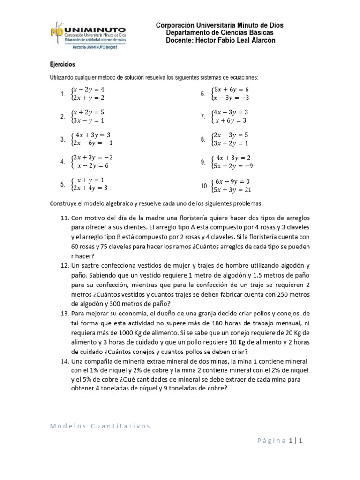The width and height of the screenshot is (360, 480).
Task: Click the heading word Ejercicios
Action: pyautogui.click(x=63, y=64)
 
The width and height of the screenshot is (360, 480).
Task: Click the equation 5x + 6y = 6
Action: pyautogui.click(x=231, y=90)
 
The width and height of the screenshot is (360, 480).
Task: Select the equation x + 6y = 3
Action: pyautogui.click(x=231, y=120)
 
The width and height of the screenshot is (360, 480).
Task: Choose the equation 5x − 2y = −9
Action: pyautogui.click(x=233, y=165)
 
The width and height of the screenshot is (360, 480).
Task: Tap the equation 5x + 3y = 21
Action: pyautogui.click(x=233, y=189)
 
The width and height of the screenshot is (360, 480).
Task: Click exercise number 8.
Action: pyautogui.click(x=203, y=139)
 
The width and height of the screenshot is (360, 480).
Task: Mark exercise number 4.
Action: pyautogui.click(x=62, y=162)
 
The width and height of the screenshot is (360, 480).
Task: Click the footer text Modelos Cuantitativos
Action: pyautogui.click(x=100, y=426)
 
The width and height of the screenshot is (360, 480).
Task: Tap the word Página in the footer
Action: pyautogui.click(x=272, y=440)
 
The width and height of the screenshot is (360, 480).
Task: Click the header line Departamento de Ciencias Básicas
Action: pyautogui.click(x=220, y=33)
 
